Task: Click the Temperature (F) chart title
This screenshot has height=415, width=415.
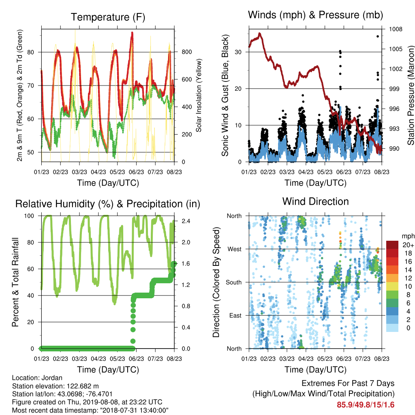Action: (x=108, y=17)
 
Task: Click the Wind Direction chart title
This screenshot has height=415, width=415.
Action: (x=315, y=201)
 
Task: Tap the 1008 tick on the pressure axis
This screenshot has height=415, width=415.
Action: (x=396, y=29)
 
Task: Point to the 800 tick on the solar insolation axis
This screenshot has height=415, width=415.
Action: (x=186, y=52)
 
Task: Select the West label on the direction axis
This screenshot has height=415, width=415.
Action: (x=235, y=249)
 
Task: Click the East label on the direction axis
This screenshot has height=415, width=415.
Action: (x=235, y=315)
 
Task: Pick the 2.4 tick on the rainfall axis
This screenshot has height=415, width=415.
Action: (x=186, y=221)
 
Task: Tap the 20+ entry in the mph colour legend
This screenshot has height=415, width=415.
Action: (x=408, y=245)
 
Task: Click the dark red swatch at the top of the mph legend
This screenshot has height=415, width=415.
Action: (x=392, y=245)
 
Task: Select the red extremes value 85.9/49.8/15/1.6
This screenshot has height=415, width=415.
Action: (x=366, y=405)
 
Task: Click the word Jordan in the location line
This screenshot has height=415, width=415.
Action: (x=52, y=378)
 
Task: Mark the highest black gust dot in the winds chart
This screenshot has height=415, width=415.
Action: (x=378, y=36)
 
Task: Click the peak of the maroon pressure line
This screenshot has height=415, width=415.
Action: (x=260, y=34)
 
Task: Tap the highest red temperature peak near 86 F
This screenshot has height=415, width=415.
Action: (x=132, y=33)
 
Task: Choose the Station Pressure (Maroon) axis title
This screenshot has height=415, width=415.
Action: (x=411, y=95)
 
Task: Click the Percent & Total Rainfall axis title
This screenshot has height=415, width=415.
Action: (x=15, y=282)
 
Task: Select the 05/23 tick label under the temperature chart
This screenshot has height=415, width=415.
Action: (x=117, y=172)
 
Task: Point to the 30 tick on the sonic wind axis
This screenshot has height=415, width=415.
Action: (x=238, y=52)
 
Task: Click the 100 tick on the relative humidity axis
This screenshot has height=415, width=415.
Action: (x=29, y=216)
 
